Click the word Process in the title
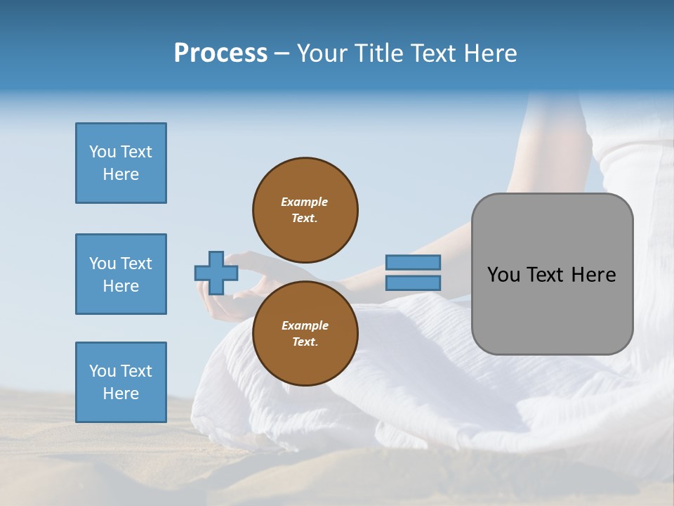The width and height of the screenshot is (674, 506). pyautogui.click(x=220, y=53)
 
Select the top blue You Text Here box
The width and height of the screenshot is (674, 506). pyautogui.click(x=121, y=163)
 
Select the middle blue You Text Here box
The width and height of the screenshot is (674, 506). pyautogui.click(x=121, y=274)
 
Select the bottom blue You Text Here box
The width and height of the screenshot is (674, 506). pyautogui.click(x=121, y=382)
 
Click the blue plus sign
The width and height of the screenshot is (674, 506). pyautogui.click(x=216, y=273)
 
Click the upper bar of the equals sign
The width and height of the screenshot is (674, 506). pyautogui.click(x=413, y=263)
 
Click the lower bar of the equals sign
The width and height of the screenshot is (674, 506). pyautogui.click(x=413, y=283)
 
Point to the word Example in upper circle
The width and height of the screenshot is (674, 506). pyautogui.click(x=305, y=202)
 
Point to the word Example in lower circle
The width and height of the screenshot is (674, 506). pyautogui.click(x=305, y=325)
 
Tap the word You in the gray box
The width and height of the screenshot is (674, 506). pyautogui.click(x=504, y=275)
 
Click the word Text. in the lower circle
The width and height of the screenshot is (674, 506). pyautogui.click(x=305, y=342)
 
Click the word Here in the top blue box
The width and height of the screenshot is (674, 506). pyautogui.click(x=121, y=174)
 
